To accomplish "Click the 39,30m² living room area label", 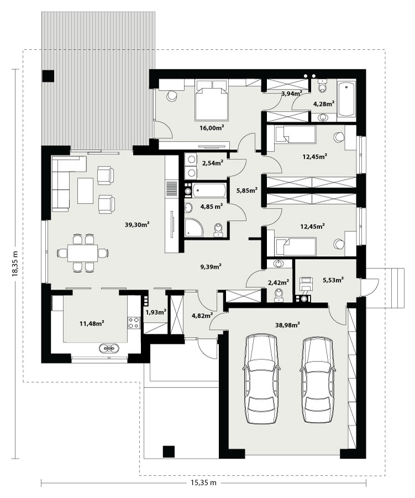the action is (x=137, y=225).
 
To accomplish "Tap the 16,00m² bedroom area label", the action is (x=212, y=128).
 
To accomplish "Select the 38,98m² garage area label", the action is (x=288, y=325).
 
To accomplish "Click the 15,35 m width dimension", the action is (x=203, y=483).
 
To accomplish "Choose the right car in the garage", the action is (x=318, y=379).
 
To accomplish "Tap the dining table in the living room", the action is (x=82, y=253).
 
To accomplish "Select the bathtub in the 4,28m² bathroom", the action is (x=346, y=99).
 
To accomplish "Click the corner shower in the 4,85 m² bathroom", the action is (x=193, y=227).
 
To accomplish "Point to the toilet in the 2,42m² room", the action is (x=279, y=294).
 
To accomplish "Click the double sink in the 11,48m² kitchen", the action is (x=109, y=349).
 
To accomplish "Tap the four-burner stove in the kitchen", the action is (x=134, y=323).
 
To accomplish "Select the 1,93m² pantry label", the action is (x=156, y=312).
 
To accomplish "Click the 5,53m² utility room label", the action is (x=333, y=280).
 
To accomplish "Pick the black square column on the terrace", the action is (x=48, y=76).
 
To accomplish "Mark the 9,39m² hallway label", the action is (x=211, y=267).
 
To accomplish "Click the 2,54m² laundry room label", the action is (x=213, y=163).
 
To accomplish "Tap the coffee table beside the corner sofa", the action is (x=85, y=190).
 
